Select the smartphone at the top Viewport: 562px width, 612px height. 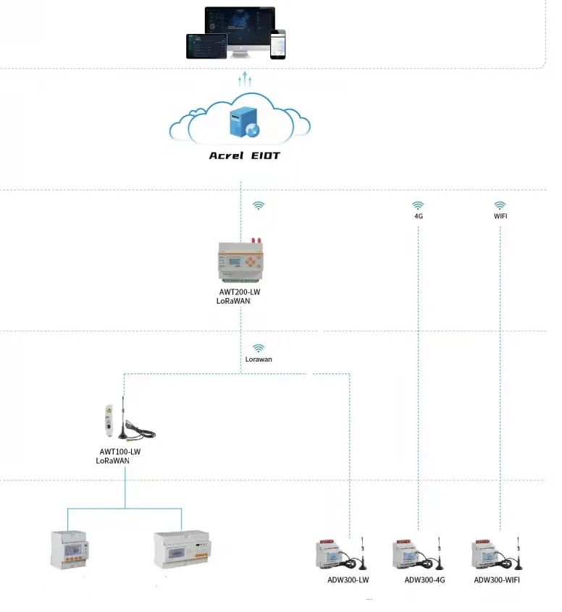click(278, 44)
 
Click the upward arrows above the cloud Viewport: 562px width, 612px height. click(245, 79)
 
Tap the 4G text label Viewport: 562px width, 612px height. click(419, 216)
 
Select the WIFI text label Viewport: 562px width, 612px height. click(500, 216)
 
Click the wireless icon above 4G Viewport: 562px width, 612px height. click(419, 205)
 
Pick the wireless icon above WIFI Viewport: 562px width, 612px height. click(500, 205)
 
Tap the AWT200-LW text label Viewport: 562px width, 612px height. click(240, 292)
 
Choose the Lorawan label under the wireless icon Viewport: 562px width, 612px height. click(259, 359)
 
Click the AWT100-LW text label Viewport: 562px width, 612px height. click(119, 451)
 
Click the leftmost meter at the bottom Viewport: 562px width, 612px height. click(68, 550)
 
